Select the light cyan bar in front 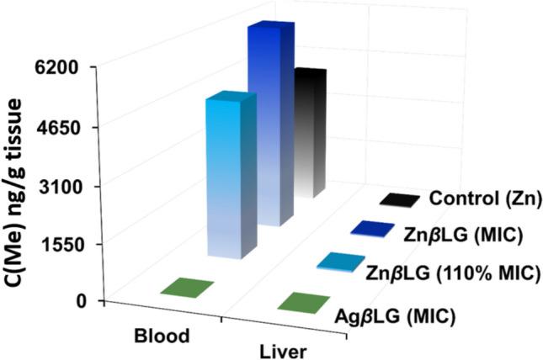[225, 177]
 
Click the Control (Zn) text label [483, 199]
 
